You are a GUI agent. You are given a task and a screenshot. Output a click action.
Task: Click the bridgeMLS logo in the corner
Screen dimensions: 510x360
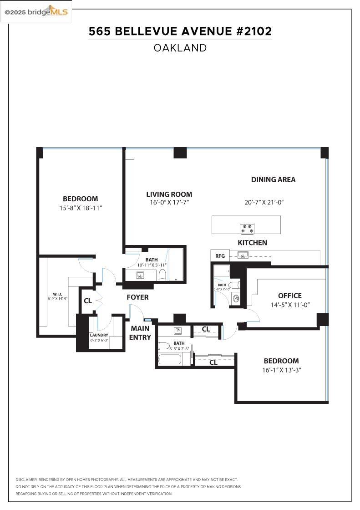pyautogui.click(x=36, y=12)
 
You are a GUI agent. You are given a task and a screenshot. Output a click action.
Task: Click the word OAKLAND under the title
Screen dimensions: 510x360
pyautogui.click(x=180, y=48)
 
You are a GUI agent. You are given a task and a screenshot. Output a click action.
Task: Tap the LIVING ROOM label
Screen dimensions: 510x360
pyautogui.click(x=169, y=194)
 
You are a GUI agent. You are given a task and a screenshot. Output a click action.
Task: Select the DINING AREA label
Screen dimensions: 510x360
pyautogui.click(x=273, y=179)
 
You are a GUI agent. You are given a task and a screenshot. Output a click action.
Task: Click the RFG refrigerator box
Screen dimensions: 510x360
pyautogui.click(x=220, y=256)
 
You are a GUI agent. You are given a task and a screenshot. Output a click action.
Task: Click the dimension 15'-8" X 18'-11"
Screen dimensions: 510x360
pyautogui.click(x=80, y=208)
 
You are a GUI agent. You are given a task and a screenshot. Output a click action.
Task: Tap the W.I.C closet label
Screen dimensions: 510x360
pyautogui.click(x=57, y=294)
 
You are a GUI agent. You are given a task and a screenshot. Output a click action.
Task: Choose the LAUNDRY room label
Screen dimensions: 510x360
pyautogui.click(x=99, y=335)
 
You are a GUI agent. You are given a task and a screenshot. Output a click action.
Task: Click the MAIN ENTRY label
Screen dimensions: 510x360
pyautogui.click(x=140, y=332)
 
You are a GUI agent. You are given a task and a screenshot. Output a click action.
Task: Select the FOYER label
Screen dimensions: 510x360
pyautogui.click(x=137, y=297)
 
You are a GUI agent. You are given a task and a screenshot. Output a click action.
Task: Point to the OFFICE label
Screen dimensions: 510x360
pyautogui.click(x=290, y=296)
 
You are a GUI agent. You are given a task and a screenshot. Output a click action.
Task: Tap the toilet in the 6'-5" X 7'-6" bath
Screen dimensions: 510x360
pyautogui.click(x=164, y=345)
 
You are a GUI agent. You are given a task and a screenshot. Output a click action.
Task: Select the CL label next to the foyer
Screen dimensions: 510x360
pyautogui.click(x=87, y=301)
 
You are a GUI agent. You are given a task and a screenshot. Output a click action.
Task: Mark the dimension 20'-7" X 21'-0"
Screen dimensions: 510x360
pyautogui.click(x=264, y=202)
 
